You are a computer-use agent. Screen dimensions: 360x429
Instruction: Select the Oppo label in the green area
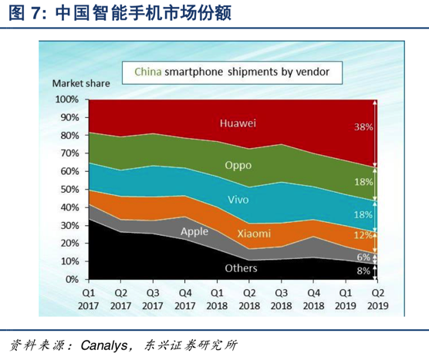(x=237, y=164)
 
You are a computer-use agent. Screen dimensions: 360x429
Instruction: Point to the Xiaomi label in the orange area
(x=253, y=233)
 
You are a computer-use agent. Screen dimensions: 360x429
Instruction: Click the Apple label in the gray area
(x=194, y=230)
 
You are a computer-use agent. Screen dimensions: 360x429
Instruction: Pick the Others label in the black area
(x=240, y=268)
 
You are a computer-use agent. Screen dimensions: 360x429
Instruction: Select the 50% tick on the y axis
(x=67, y=189)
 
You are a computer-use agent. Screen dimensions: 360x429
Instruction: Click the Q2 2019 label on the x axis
(x=376, y=299)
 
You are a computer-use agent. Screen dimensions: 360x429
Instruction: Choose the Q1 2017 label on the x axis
(x=89, y=299)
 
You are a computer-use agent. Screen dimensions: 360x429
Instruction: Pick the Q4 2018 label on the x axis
(x=312, y=299)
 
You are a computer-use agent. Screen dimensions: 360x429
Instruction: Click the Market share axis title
(x=80, y=82)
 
